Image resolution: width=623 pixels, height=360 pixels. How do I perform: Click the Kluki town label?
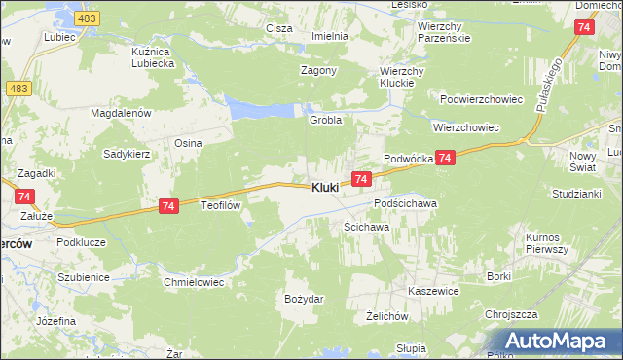tap(325, 187)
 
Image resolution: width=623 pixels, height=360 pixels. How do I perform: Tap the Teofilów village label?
tap(220, 206)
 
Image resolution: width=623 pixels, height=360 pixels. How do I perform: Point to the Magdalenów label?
tap(123, 113)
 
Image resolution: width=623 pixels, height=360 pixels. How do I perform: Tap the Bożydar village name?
tap(303, 299)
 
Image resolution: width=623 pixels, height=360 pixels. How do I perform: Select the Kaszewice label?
tap(433, 291)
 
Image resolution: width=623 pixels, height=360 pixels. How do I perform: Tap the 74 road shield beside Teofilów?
tap(168, 206)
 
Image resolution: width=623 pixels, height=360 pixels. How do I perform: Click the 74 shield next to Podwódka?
tap(444, 158)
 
